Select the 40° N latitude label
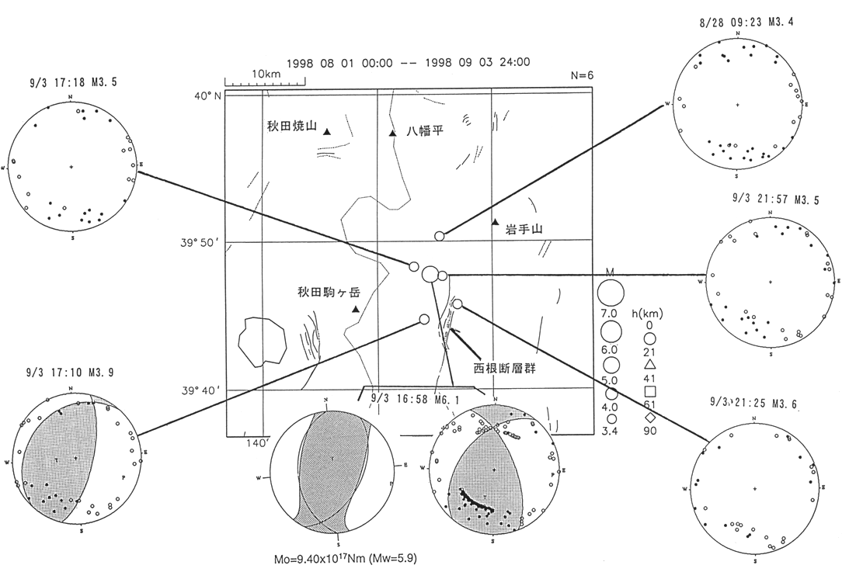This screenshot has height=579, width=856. (x=207, y=96)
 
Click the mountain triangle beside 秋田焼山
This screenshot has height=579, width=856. (x=328, y=133)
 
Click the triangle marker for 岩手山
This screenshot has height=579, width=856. (x=495, y=223)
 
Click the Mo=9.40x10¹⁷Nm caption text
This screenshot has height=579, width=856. (x=353, y=557)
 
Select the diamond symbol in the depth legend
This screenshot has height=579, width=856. (x=650, y=418)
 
